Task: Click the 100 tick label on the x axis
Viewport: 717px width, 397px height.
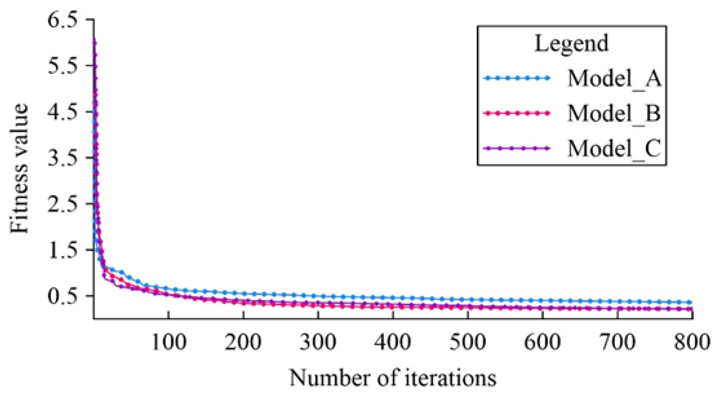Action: [169, 342]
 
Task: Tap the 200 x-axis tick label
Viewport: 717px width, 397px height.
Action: [243, 342]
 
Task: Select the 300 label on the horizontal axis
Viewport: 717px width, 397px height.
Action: [318, 342]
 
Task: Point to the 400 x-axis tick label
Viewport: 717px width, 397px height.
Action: [393, 342]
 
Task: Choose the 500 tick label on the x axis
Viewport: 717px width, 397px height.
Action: [468, 342]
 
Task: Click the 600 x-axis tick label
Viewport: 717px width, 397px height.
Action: [542, 342]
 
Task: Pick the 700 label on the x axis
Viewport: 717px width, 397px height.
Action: [617, 342]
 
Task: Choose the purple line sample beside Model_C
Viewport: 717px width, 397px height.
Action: [516, 148]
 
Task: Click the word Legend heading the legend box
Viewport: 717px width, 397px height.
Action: [571, 44]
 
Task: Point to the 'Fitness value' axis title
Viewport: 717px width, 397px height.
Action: [19, 168]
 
